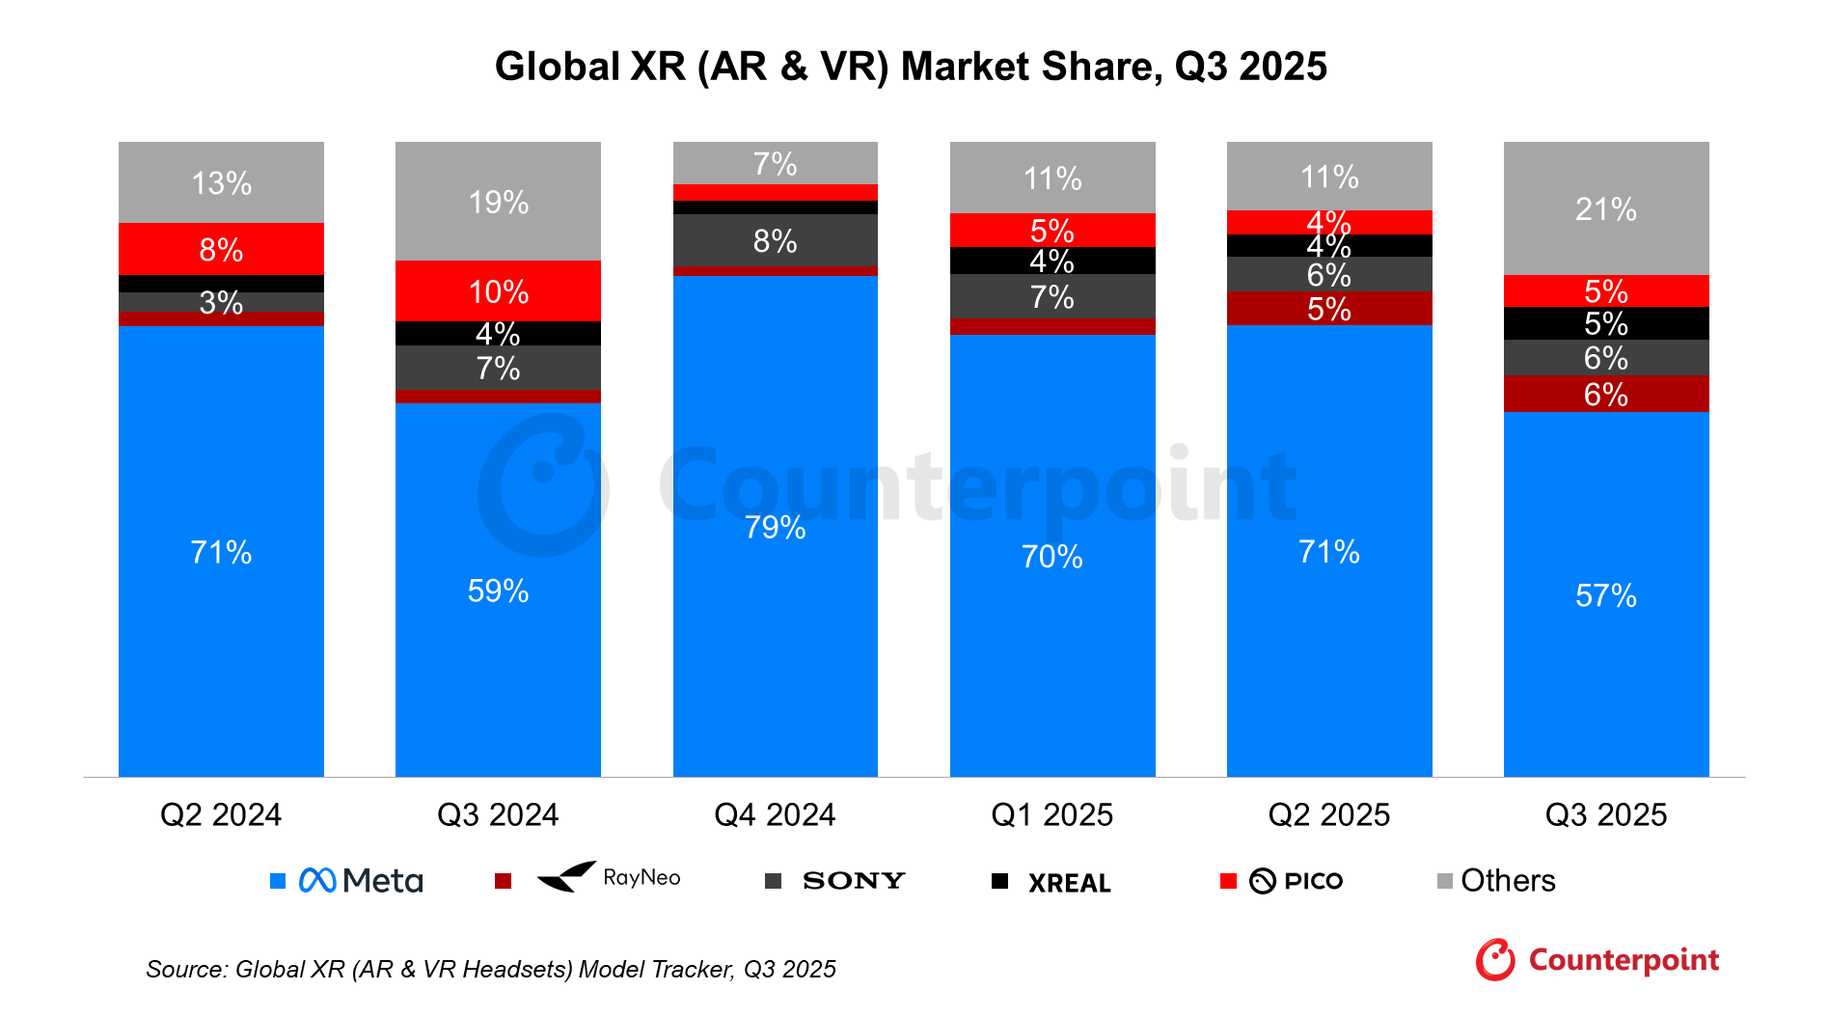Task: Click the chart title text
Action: pos(911,67)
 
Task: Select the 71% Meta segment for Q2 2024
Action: pos(221,551)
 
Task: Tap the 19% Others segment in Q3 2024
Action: pos(498,202)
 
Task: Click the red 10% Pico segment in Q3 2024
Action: pos(498,290)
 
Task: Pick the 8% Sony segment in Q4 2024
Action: pos(775,240)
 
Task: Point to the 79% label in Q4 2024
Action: pos(775,527)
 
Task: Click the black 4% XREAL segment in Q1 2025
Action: pos(1051,261)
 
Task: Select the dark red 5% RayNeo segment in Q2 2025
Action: pos(1328,309)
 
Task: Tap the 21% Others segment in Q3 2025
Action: pos(1605,208)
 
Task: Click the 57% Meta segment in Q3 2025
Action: pos(1605,594)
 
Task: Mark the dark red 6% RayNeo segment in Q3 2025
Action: pos(1605,394)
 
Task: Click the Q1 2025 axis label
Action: pos(1051,814)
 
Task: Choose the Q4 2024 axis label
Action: pos(775,814)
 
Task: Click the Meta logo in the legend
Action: pos(360,880)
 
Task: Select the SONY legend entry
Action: pos(853,880)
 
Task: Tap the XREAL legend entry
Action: pos(1069,882)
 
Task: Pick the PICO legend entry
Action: pos(1296,880)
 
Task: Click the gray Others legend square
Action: pos(1444,880)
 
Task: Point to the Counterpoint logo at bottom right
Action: pos(1597,959)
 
